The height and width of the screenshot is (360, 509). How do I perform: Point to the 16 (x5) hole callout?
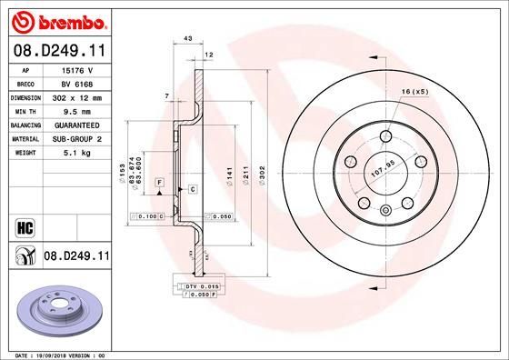[x=414, y=93]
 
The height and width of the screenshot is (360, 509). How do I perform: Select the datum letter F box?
[x=159, y=183]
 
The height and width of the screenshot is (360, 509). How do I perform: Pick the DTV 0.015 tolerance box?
[x=197, y=287]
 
